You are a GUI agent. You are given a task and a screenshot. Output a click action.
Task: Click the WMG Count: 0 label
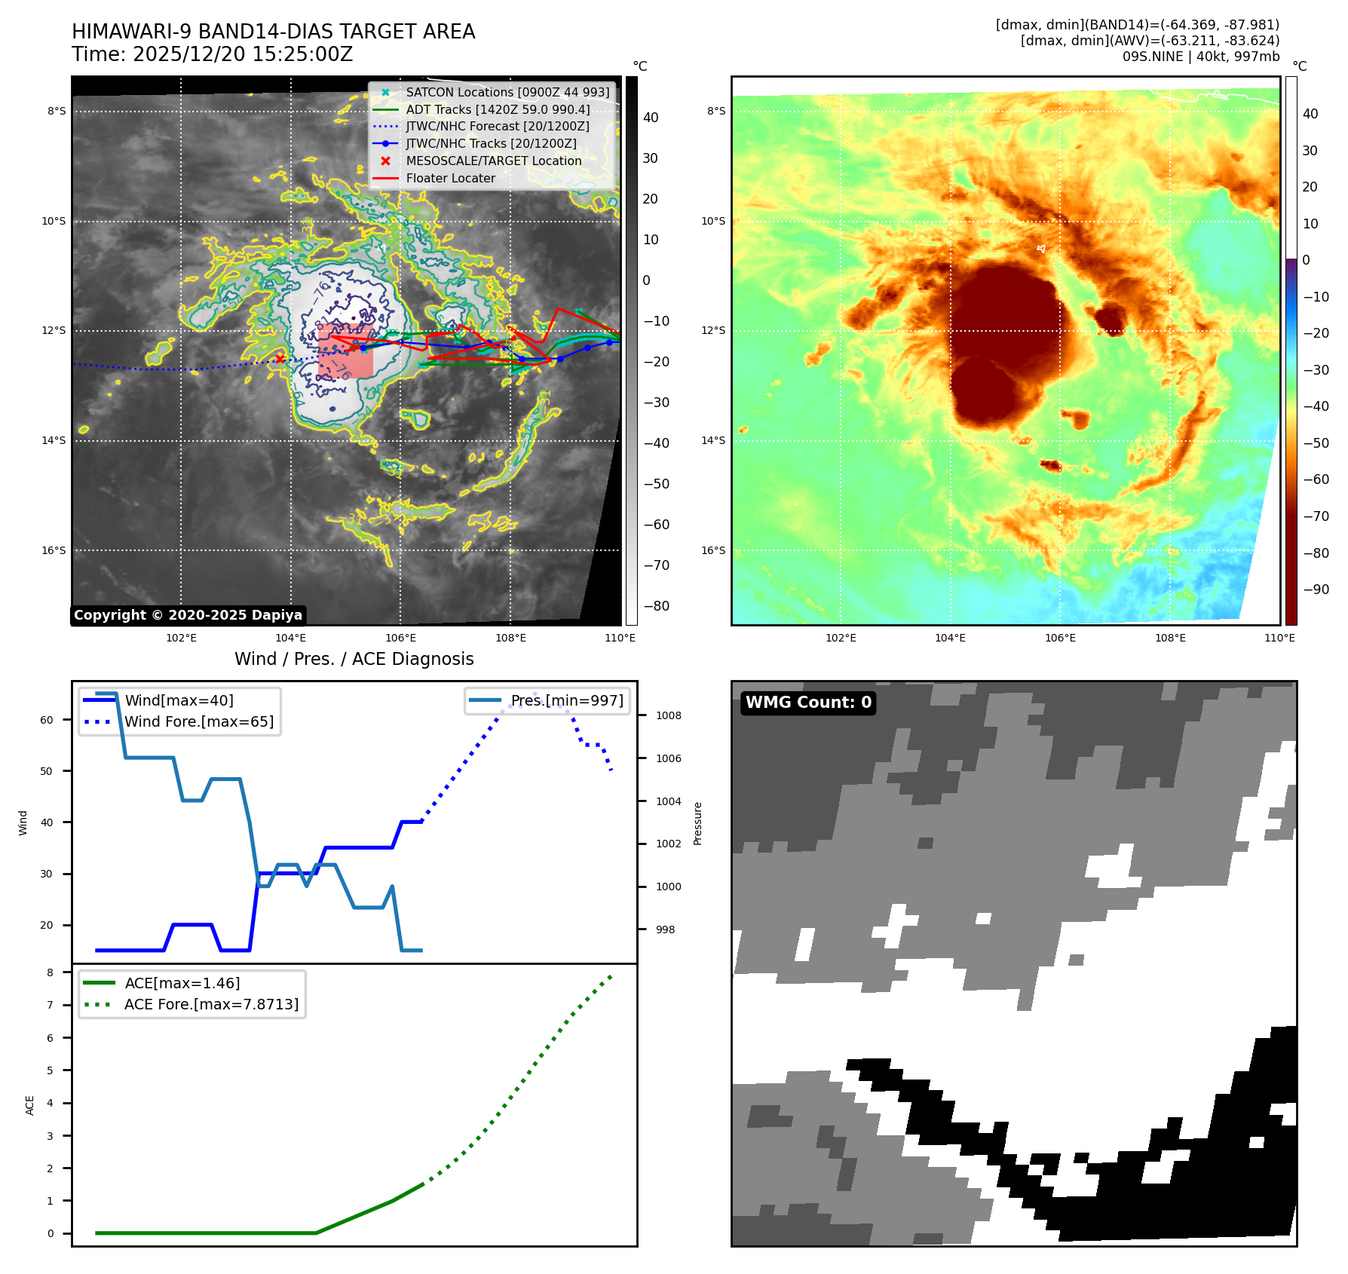pos(808,703)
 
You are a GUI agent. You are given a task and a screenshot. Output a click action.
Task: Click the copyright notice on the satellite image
pos(188,615)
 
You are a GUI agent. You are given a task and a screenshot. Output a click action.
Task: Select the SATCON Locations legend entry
pos(507,92)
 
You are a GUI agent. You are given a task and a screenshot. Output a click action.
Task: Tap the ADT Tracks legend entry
pos(498,109)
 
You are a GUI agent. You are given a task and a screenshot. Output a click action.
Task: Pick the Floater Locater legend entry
pos(451,178)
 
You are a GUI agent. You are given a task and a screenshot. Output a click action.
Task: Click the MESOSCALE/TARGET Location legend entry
pos(494,161)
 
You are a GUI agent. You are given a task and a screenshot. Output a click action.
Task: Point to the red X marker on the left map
pos(280,359)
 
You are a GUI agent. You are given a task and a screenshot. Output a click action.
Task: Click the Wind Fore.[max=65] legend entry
pos(199,721)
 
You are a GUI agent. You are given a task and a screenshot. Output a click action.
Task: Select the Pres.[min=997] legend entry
pos(567,700)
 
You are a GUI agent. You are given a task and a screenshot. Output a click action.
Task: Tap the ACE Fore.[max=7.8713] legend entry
pos(211,1004)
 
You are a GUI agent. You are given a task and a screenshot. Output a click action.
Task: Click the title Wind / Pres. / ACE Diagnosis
pos(354,659)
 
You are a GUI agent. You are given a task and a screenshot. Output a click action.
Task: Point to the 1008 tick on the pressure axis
pos(669,715)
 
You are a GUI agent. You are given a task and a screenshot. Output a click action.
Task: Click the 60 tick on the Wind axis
pos(47,720)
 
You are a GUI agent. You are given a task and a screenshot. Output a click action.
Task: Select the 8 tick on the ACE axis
pos(51,972)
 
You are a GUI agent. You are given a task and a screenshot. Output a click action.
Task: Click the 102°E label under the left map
pos(181,638)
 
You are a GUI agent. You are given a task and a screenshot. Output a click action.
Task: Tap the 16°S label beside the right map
pos(713,550)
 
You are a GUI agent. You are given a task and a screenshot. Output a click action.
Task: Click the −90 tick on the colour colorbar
pos(1316,590)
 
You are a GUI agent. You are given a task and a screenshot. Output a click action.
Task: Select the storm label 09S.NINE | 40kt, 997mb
pos(1200,57)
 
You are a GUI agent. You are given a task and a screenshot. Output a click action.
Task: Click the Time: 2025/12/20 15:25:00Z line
pos(212,54)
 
